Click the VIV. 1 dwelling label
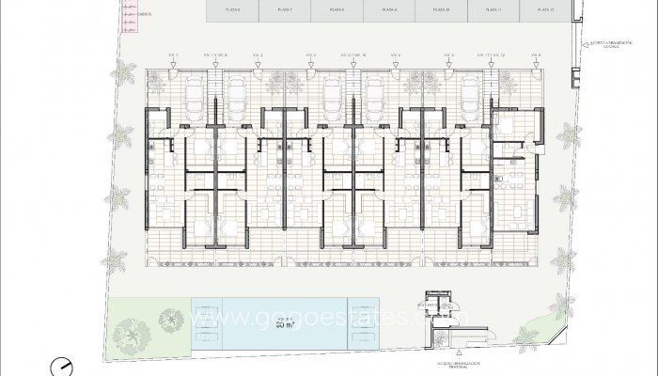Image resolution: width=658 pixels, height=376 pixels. coord(171,55)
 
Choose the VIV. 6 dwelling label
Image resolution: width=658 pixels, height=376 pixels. coord(535,55)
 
